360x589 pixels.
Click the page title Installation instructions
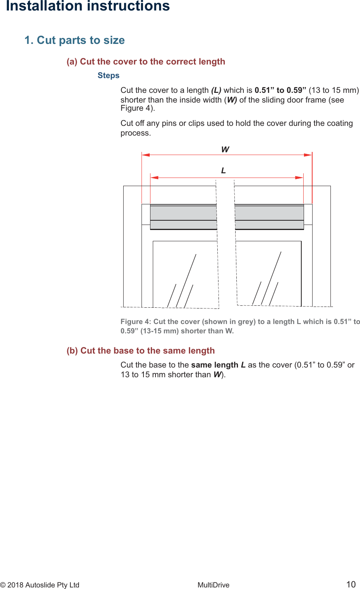[x=88, y=6]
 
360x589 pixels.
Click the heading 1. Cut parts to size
[x=75, y=40]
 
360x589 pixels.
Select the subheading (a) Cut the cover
[x=146, y=62]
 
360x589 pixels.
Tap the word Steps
[x=108, y=76]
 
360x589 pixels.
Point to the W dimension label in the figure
[x=225, y=150]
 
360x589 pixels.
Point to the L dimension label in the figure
[x=224, y=171]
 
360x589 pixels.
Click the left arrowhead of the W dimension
[x=145, y=155]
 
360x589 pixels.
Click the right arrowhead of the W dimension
[x=308, y=155]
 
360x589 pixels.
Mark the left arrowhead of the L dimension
[x=154, y=178]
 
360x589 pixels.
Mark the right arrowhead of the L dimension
[x=299, y=178]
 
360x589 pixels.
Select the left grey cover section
[x=183, y=217]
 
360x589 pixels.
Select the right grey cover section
[x=269, y=217]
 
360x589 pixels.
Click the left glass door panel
[x=185, y=274]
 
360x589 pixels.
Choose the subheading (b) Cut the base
[x=141, y=351]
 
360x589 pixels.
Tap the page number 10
[x=351, y=584]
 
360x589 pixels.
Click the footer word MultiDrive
[x=213, y=585]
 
